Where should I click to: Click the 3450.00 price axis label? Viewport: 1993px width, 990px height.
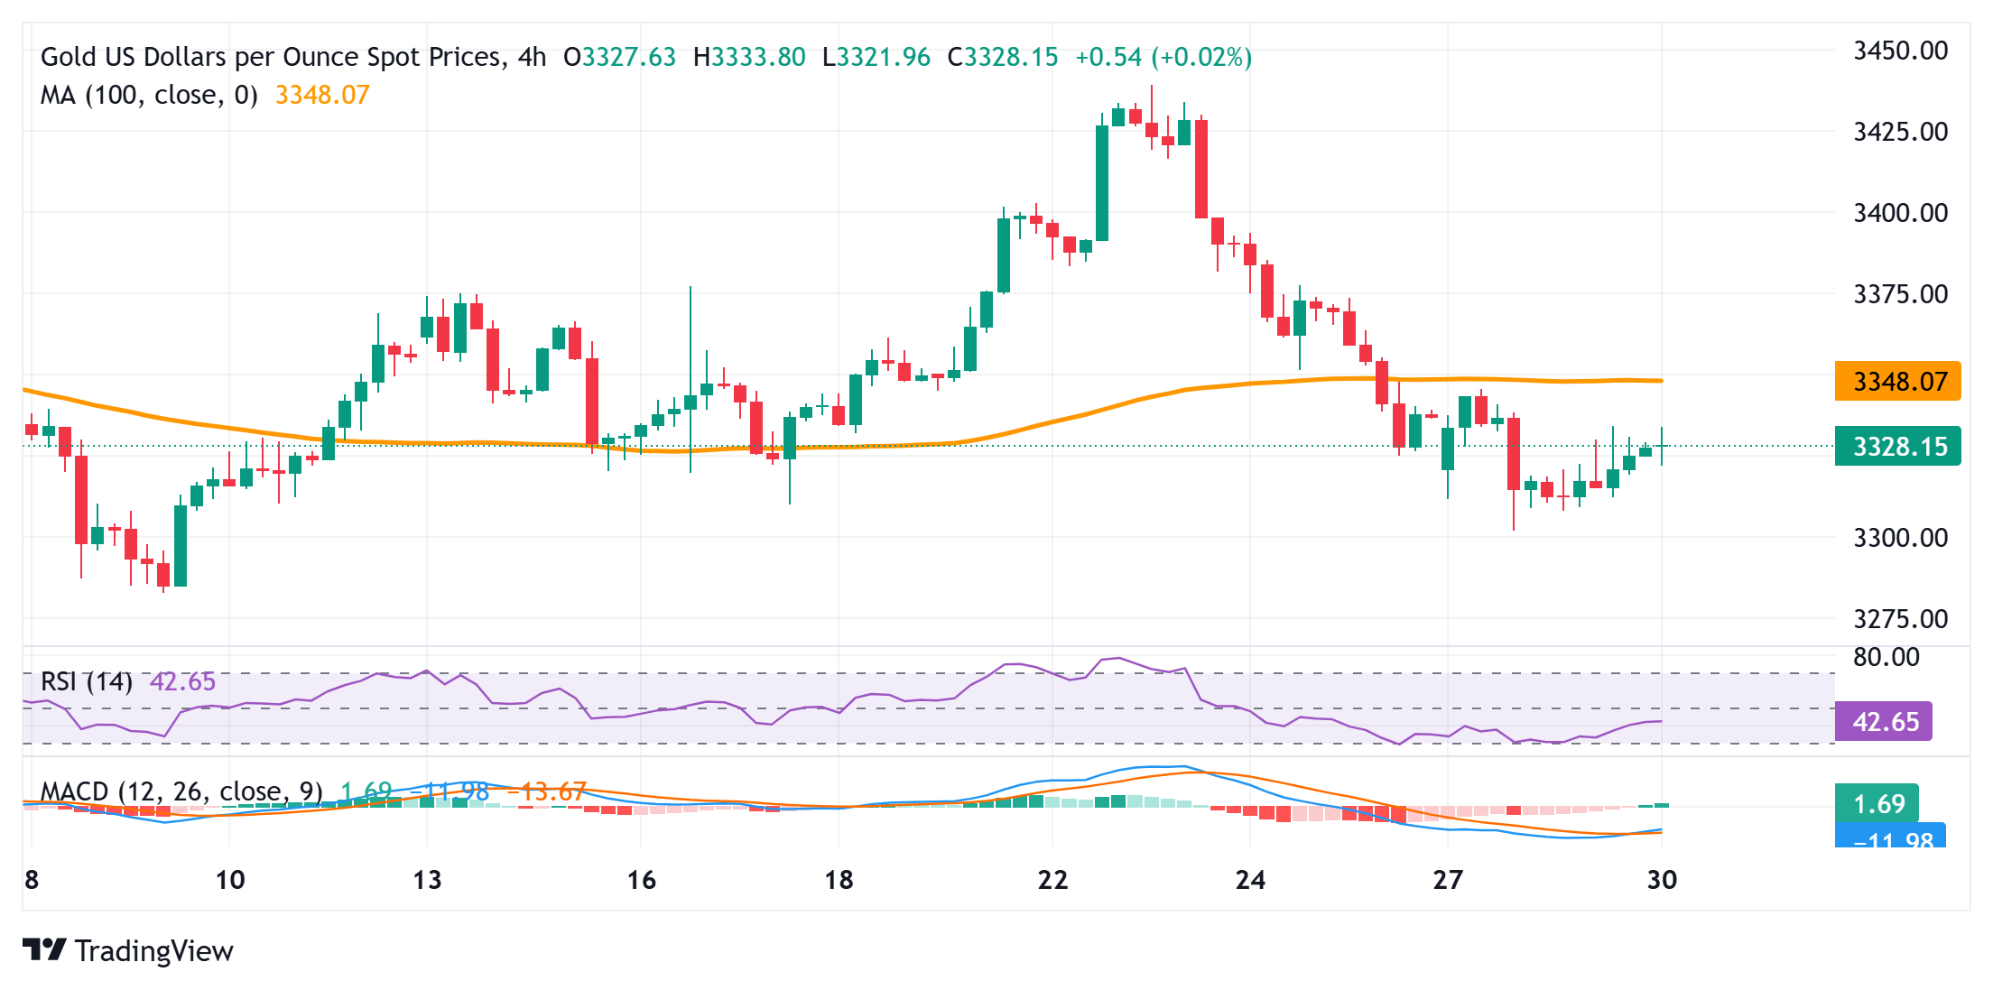[1900, 51]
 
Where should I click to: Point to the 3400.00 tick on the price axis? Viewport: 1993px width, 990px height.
[1900, 213]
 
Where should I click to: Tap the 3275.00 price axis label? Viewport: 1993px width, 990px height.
[1900, 619]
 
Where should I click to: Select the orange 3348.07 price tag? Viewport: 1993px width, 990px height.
[1897, 382]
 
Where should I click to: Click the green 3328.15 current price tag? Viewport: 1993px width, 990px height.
[1897, 447]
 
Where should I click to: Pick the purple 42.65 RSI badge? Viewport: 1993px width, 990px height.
[1884, 722]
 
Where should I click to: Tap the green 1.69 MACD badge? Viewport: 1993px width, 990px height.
[1877, 803]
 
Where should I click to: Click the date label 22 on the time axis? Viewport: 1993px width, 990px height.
[1052, 880]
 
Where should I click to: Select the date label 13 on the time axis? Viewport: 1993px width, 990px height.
[427, 880]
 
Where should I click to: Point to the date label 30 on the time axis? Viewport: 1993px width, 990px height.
[1662, 880]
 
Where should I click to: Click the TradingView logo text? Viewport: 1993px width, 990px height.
[153, 951]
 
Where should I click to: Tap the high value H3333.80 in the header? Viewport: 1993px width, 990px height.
[749, 58]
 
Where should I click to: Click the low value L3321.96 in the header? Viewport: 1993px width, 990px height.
[876, 58]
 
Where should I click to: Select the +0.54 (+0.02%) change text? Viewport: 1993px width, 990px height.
[1163, 58]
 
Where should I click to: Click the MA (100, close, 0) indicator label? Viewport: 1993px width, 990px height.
[149, 95]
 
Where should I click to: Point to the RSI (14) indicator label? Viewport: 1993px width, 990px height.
[87, 681]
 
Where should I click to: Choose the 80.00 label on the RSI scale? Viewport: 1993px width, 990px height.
[1886, 657]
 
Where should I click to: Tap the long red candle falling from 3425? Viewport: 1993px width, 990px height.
[1201, 169]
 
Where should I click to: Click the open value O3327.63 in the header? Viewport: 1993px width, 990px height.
[619, 58]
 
